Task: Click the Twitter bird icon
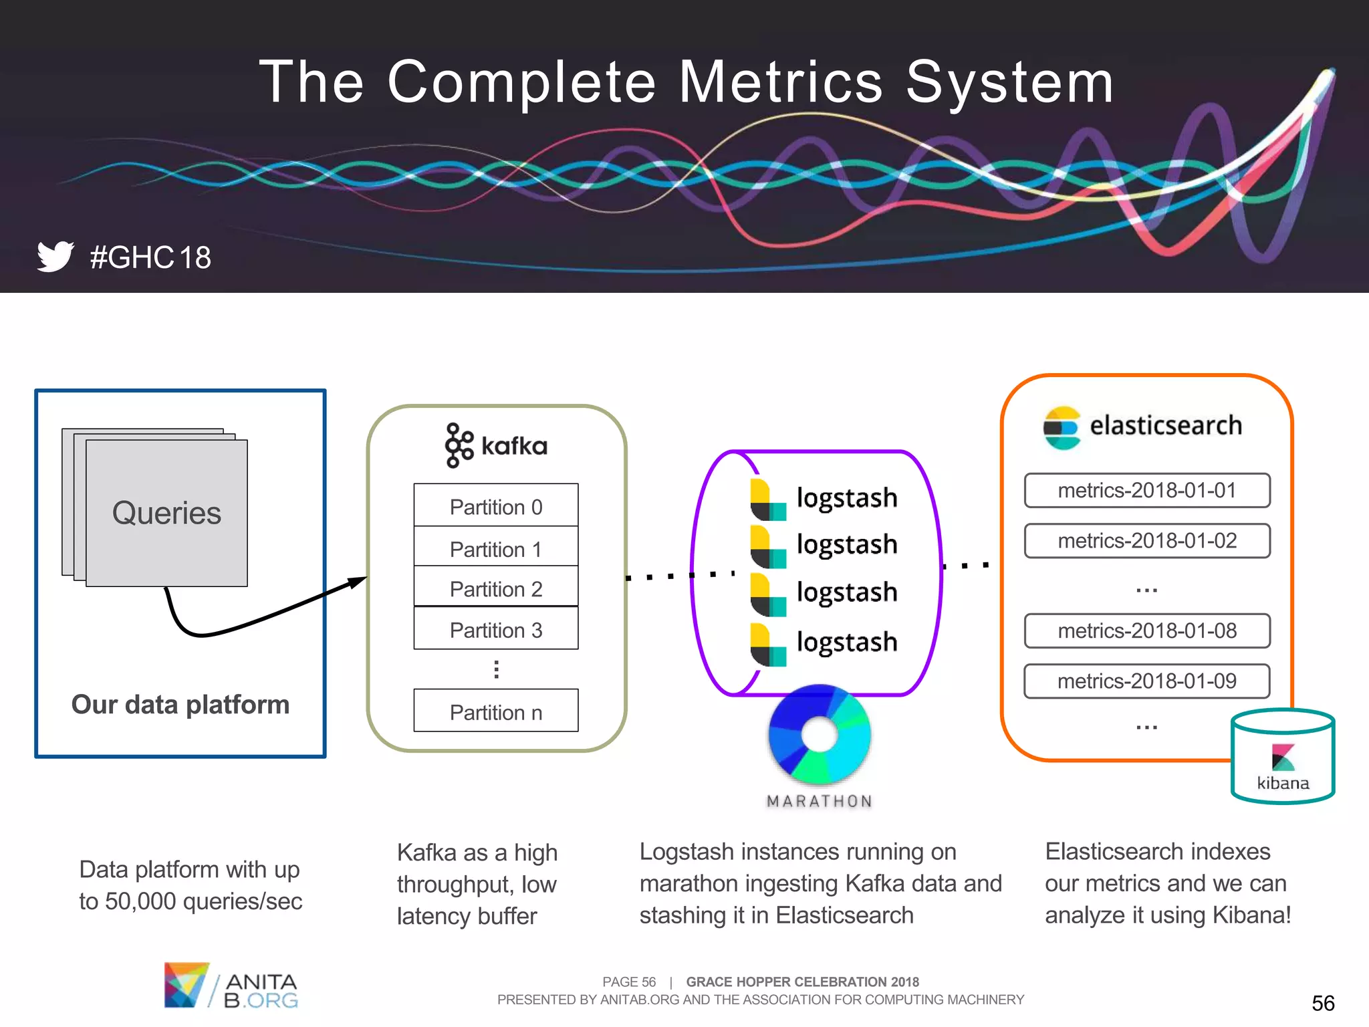tap(55, 256)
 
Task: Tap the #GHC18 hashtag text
tap(150, 258)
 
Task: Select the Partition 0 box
tap(495, 506)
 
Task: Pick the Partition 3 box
tap(495, 629)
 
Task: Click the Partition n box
tap(495, 711)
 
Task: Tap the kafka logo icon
tap(459, 445)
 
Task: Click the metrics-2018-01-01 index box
tap(1146, 490)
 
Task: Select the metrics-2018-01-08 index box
tap(1146, 631)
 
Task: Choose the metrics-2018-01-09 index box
tap(1146, 681)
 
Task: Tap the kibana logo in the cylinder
tap(1283, 758)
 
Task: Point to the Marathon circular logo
tap(820, 734)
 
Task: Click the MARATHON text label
tap(820, 801)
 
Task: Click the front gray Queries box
tap(166, 513)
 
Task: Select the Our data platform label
tap(180, 705)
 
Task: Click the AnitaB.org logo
tap(231, 986)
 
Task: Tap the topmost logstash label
tap(846, 497)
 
